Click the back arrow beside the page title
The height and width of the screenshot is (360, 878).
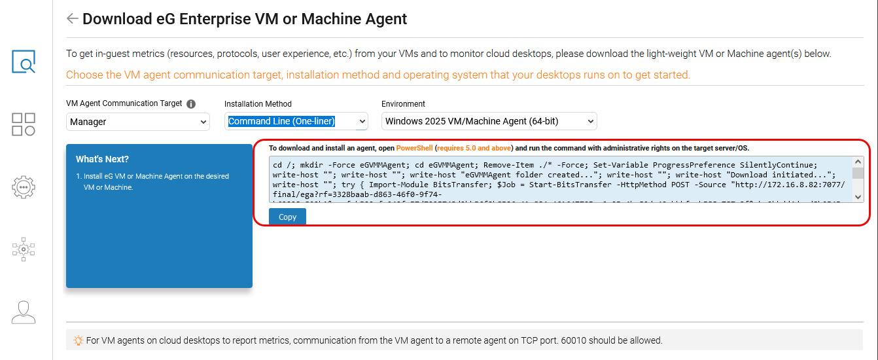[72, 18]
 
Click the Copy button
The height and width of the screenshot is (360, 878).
[287, 217]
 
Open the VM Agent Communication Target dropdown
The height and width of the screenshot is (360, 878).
[137, 122]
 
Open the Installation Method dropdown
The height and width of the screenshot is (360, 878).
[296, 121]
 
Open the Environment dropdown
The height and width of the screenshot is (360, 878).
[489, 121]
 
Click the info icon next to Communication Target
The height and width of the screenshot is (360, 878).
[191, 104]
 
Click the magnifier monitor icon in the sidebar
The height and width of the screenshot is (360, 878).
[24, 62]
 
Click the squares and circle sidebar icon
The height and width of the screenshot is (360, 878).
[24, 124]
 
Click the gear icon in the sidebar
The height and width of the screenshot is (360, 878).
[24, 187]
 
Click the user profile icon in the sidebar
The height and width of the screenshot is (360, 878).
[24, 312]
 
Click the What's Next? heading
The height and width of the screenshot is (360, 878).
[102, 159]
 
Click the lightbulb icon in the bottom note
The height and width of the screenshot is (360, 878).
[78, 340]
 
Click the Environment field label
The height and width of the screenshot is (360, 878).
[403, 104]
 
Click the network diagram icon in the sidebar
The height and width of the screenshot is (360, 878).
[24, 249]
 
